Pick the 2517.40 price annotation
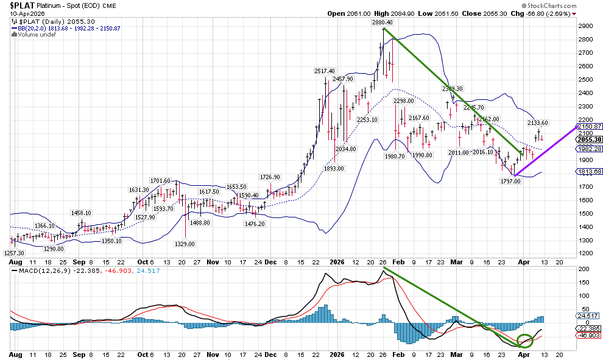click(324, 71)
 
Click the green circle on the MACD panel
click(524, 341)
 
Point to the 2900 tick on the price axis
click(585, 26)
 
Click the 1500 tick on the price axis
click(585, 213)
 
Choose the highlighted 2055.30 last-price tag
click(589, 139)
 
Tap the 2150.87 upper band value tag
click(589, 126)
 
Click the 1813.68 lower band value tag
click(589, 172)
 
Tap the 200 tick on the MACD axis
click(583, 269)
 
